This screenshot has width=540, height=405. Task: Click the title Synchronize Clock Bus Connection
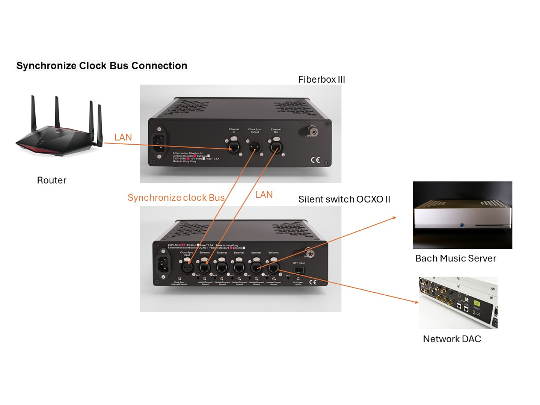tap(101, 66)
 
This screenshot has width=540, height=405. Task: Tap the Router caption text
tap(51, 180)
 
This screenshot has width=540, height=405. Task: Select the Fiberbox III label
tap(321, 80)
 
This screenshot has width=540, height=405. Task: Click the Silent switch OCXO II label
tap(344, 199)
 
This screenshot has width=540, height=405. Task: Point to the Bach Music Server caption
tap(456, 258)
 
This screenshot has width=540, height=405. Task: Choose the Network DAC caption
tap(452, 339)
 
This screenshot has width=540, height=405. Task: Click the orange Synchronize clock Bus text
tap(176, 198)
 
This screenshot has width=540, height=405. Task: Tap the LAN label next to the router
tap(123, 138)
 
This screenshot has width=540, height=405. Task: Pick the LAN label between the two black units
tap(264, 195)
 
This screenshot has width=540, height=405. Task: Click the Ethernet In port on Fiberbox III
tap(234, 146)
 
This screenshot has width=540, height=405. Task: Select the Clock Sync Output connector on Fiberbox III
tap(255, 146)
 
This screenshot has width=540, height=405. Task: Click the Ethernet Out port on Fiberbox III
tap(276, 146)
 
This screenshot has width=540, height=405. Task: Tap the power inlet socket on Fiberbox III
tap(159, 142)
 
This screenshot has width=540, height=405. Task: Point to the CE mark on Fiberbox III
tap(315, 160)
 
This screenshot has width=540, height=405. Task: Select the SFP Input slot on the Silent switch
tap(299, 270)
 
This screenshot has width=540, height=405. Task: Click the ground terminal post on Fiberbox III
tap(312, 131)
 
